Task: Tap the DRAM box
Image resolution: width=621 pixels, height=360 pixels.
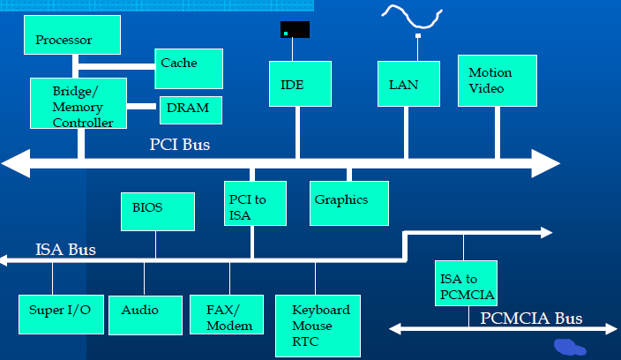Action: (191, 110)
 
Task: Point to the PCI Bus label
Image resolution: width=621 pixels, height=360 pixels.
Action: (180, 143)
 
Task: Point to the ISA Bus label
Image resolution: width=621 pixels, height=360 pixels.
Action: (66, 250)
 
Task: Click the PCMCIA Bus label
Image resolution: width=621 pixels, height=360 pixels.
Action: (531, 318)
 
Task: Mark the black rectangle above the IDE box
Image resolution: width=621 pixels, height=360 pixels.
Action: (295, 30)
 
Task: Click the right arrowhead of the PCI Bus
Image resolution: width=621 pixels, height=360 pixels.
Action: (546, 163)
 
